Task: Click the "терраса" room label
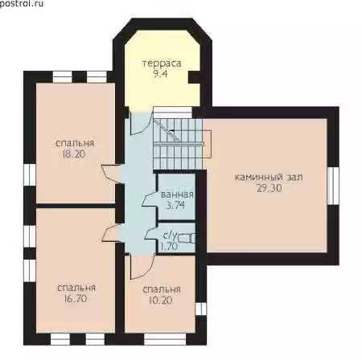(x=162, y=63)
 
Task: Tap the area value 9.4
(x=160, y=74)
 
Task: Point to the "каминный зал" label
(x=269, y=178)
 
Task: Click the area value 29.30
(x=269, y=188)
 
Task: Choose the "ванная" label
(x=177, y=194)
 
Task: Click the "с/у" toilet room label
(x=171, y=235)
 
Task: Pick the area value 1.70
(x=169, y=246)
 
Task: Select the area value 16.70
(x=76, y=299)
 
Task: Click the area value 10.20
(x=160, y=301)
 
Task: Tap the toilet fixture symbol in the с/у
(x=187, y=238)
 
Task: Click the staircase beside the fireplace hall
(x=179, y=144)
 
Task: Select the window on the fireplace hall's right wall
(x=333, y=186)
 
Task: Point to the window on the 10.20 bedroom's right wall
(x=201, y=309)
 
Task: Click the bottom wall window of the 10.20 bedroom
(x=165, y=339)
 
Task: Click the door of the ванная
(x=150, y=199)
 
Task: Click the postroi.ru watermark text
(x=22, y=4)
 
